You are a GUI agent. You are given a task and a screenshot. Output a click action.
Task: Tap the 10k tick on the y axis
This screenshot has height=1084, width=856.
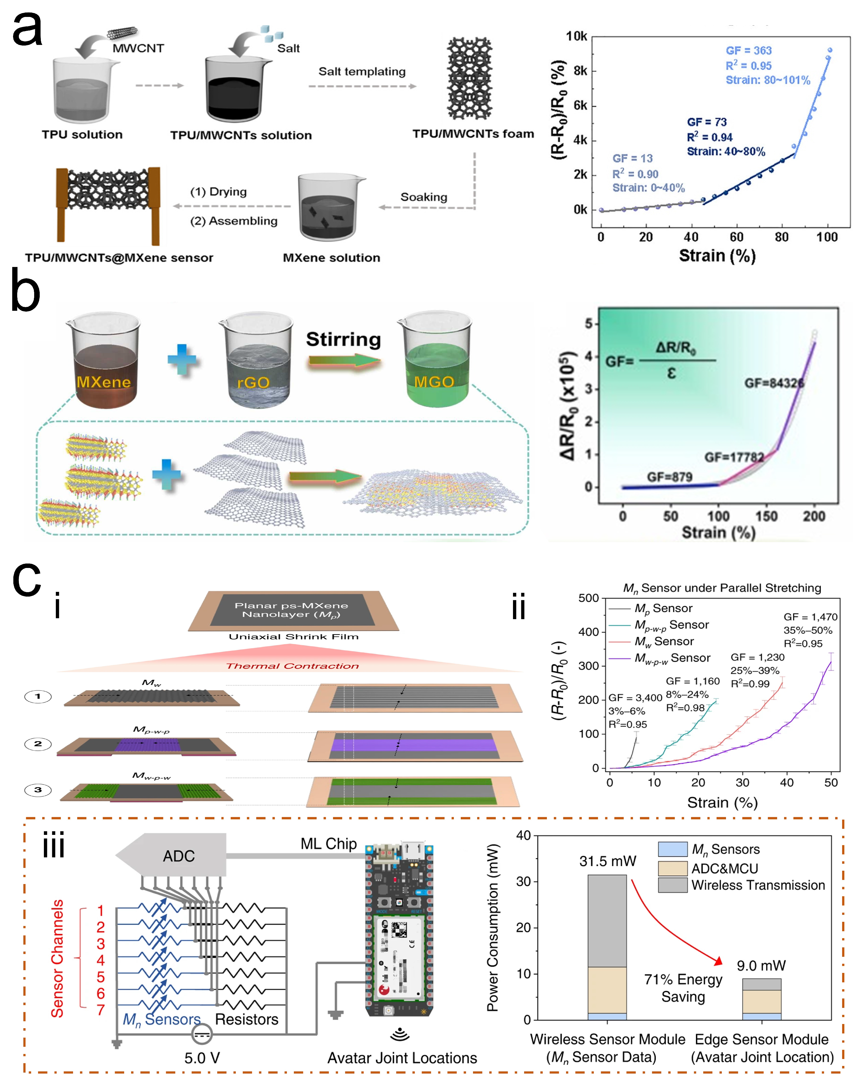[x=576, y=37]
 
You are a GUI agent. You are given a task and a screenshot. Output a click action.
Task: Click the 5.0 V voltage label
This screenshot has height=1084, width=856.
[x=202, y=1058]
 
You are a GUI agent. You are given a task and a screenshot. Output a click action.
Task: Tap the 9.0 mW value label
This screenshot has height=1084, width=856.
[x=761, y=965]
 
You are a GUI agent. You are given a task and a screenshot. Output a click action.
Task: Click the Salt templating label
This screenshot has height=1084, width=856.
[x=362, y=72]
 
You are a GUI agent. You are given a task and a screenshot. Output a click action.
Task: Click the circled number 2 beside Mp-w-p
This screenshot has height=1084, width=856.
[x=38, y=744]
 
